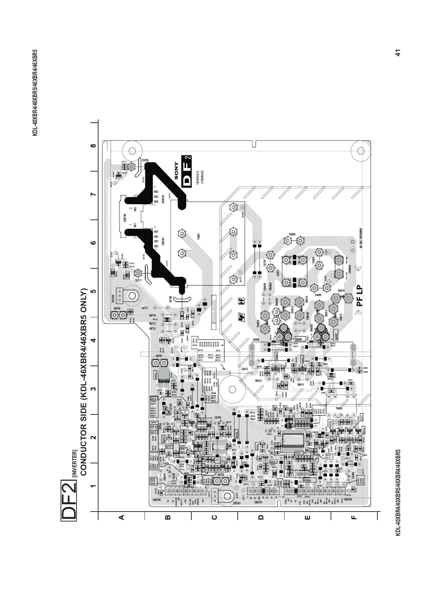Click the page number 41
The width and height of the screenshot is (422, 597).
click(x=398, y=53)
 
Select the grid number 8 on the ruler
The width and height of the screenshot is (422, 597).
click(x=93, y=146)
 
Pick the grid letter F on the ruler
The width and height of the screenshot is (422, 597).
click(x=353, y=517)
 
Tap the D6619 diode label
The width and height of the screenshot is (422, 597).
click(x=341, y=290)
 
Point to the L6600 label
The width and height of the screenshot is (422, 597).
click(x=318, y=295)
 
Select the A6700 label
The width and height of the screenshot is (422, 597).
click(x=117, y=308)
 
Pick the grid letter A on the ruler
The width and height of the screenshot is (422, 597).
click(x=122, y=517)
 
